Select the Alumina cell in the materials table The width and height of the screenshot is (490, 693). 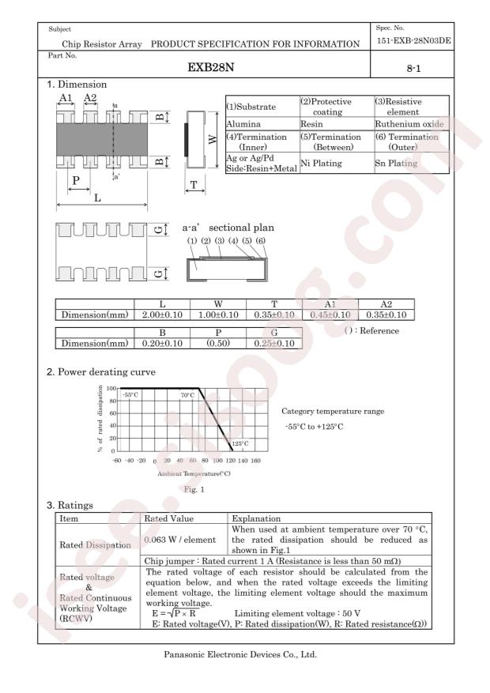click(244, 124)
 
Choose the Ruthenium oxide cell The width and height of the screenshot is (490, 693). click(409, 124)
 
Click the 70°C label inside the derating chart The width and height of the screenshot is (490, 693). click(187, 395)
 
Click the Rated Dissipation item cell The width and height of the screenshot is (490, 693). click(96, 545)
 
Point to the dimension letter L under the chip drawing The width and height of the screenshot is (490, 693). click(97, 198)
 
